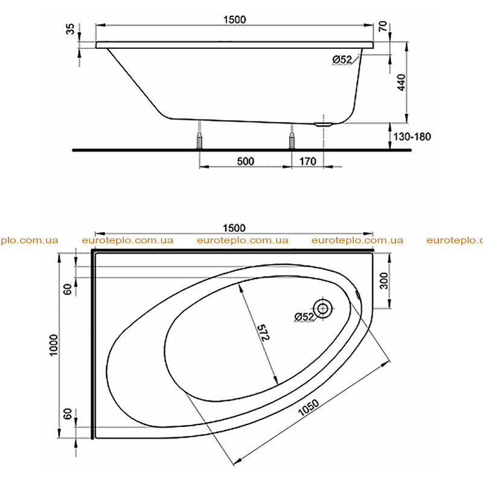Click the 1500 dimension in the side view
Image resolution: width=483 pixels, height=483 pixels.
[234, 20]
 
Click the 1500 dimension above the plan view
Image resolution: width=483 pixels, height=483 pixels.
[234, 228]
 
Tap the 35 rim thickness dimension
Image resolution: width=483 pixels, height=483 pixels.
[71, 29]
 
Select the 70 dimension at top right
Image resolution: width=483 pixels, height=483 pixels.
[382, 26]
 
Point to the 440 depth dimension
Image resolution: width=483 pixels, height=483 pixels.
[401, 82]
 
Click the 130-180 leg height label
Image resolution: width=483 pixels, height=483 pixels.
[412, 136]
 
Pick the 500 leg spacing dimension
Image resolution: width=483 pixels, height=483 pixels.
[246, 161]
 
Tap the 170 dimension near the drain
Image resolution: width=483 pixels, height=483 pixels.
[308, 161]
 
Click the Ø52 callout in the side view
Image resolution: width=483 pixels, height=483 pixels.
[342, 59]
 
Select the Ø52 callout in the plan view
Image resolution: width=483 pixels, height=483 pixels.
[304, 316]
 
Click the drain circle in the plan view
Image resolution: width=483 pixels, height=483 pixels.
[322, 309]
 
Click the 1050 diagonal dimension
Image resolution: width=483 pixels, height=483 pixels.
[309, 408]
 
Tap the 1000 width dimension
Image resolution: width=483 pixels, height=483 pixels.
[54, 345]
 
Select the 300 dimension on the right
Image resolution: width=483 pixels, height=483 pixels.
[384, 281]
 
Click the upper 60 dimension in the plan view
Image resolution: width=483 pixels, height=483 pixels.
[67, 289]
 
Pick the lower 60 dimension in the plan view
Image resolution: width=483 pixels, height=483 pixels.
[67, 414]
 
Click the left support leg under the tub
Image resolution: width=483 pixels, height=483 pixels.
[200, 141]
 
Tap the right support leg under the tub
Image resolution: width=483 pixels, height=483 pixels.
[292, 141]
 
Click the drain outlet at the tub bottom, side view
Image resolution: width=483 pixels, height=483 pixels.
[323, 124]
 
